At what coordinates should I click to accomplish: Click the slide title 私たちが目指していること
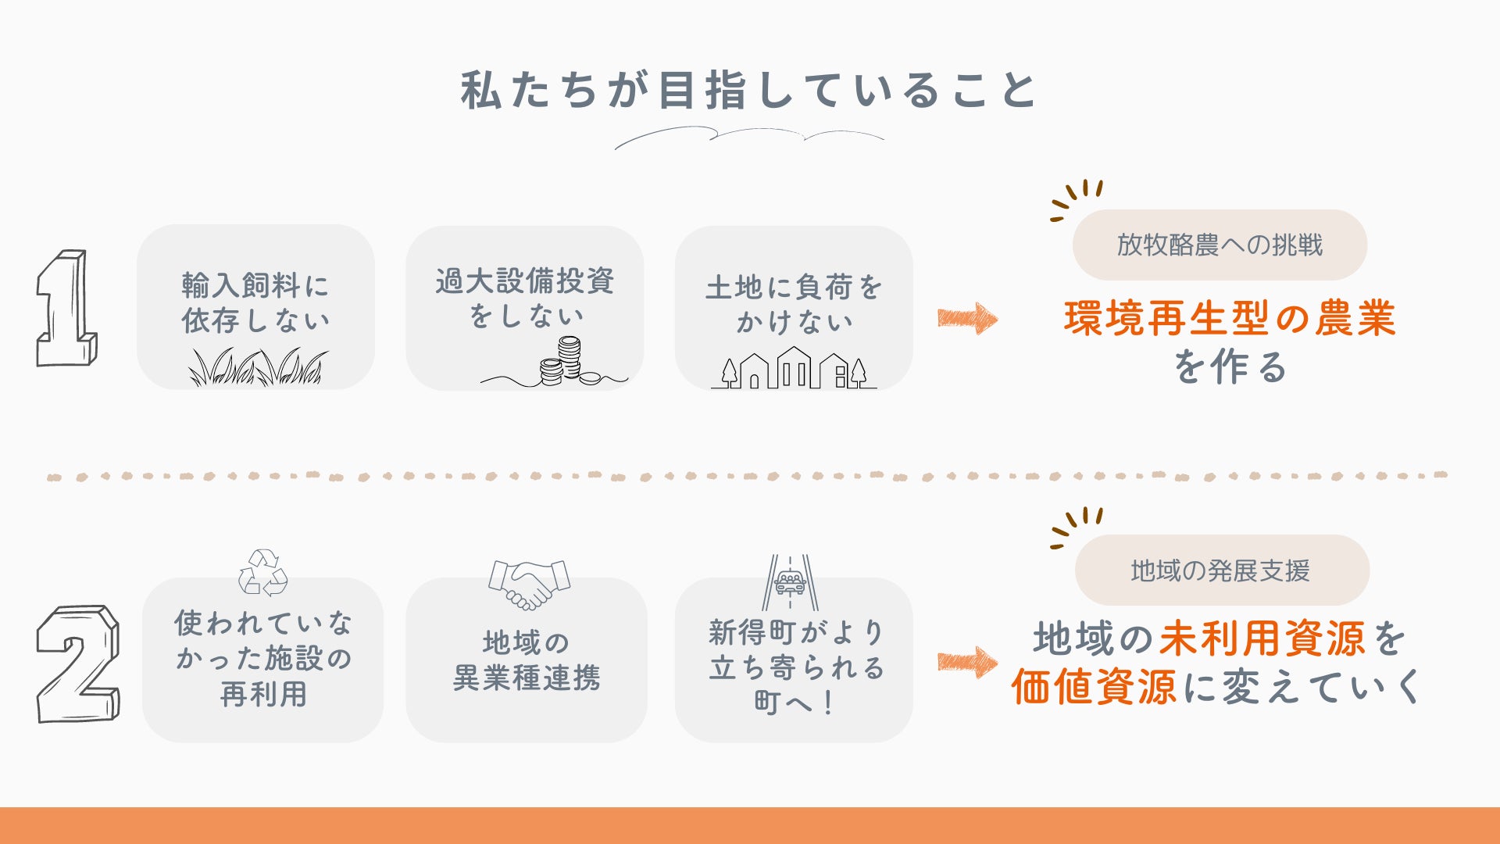point(748,90)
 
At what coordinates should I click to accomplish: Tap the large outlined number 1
point(67,308)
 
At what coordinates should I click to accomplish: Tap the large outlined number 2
point(78,663)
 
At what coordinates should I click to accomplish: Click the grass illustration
point(258,367)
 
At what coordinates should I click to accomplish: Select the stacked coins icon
point(567,361)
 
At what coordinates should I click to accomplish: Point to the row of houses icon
point(794,370)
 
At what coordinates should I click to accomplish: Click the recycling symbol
point(262,573)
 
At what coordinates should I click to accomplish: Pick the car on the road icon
point(791,583)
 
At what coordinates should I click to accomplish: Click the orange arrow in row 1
point(967,319)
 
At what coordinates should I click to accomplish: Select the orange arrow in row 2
point(967,662)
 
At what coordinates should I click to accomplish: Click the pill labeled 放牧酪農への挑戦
point(1220,245)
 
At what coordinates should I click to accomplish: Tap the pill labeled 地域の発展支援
point(1221,570)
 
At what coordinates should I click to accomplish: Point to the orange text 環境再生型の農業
point(1230,319)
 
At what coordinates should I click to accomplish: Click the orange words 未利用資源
point(1262,638)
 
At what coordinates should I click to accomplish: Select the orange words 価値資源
point(1094,688)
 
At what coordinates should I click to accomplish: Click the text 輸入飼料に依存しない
point(256,302)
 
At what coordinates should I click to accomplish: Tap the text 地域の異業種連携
point(527,660)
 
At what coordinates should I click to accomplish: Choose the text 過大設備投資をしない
point(525,298)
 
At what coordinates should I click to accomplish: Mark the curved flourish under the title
point(748,137)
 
